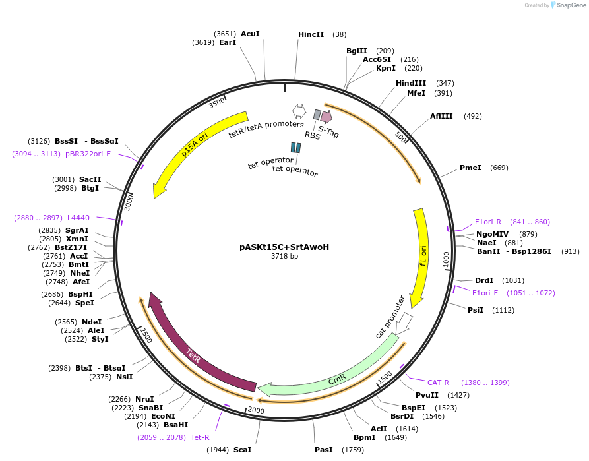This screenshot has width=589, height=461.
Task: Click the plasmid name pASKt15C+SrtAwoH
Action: [x=284, y=247]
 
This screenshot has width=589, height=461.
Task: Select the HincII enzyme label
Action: [x=311, y=34]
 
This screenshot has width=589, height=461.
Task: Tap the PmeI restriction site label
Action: [x=470, y=168]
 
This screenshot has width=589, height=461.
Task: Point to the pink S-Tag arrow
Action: [x=326, y=117]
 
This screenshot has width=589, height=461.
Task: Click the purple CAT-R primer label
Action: [x=438, y=383]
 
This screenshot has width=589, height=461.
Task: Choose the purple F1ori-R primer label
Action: [x=488, y=222]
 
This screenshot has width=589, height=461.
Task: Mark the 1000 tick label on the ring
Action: [x=446, y=259]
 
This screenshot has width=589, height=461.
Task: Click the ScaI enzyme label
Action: [x=242, y=450]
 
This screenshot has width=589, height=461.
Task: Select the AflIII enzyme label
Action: [x=441, y=116]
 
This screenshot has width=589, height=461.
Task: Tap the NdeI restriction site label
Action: [x=92, y=322]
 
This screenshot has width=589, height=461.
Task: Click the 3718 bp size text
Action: [x=284, y=257]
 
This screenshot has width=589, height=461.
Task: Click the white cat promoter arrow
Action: [x=404, y=323]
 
